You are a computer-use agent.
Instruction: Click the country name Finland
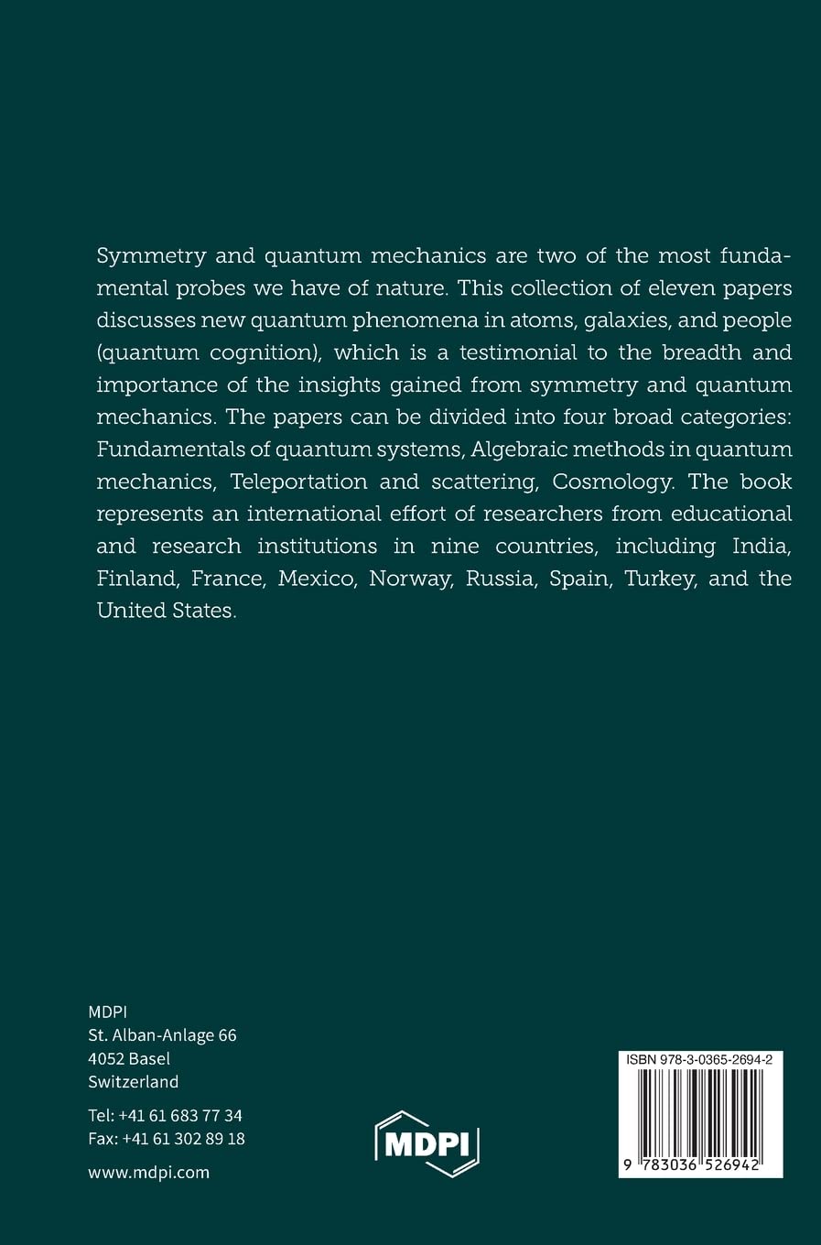[135, 579]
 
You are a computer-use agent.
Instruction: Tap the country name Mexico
[316, 579]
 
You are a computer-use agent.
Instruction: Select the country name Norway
[409, 579]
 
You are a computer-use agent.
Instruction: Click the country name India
[762, 546]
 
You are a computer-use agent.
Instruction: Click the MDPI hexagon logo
[427, 1144]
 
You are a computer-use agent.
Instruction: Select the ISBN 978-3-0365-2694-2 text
[700, 1059]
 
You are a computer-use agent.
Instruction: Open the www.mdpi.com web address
[149, 1172]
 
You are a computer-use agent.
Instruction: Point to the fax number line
[167, 1140]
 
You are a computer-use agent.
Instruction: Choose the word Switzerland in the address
[134, 1081]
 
